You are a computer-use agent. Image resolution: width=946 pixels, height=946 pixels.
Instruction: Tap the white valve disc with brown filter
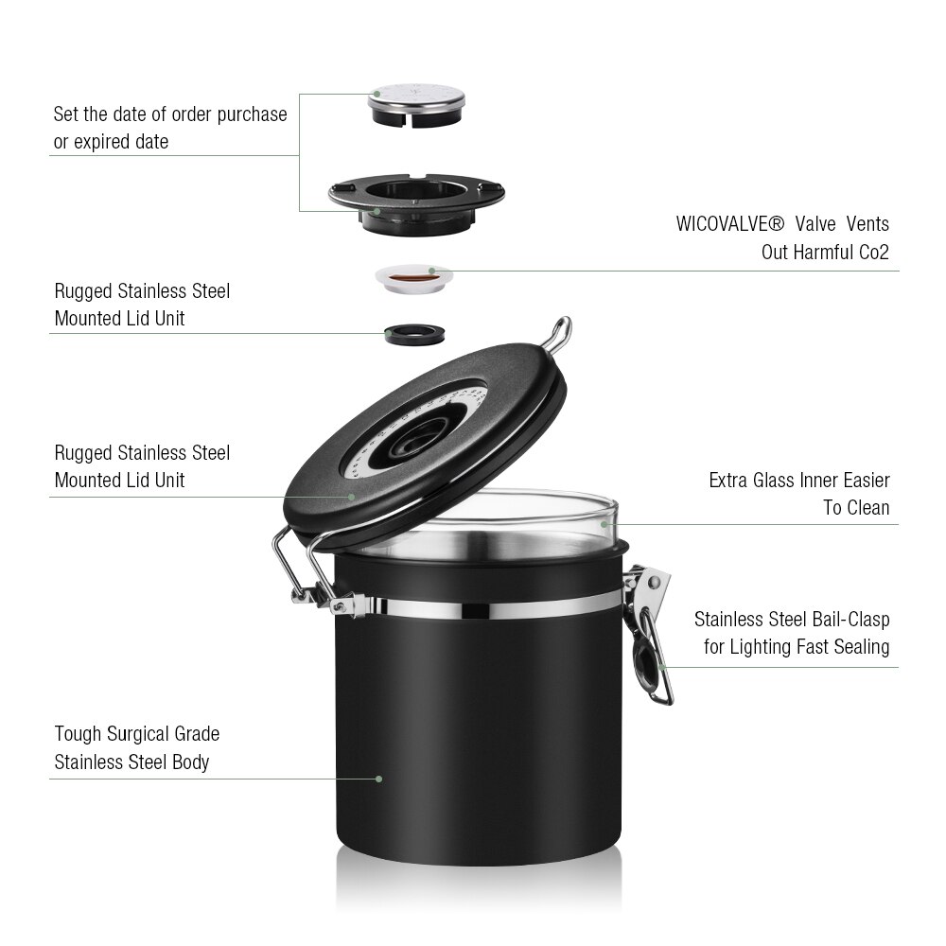pos(415,276)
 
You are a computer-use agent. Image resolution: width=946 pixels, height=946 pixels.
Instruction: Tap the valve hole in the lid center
pos(413,444)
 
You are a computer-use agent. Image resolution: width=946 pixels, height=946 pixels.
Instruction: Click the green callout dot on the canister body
pos(378,779)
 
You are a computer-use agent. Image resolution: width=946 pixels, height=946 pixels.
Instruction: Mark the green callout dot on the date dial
pos(377,94)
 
